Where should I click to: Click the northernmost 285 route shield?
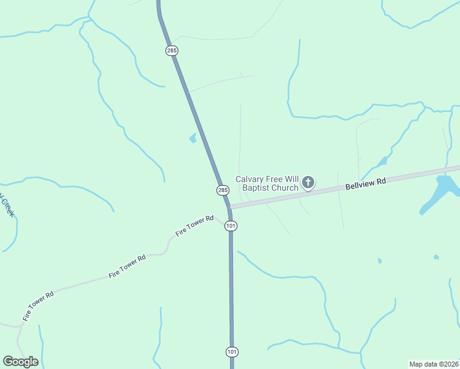pyautogui.click(x=172, y=50)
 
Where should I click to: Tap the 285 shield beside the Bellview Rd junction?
pyautogui.click(x=223, y=190)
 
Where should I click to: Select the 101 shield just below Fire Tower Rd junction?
pyautogui.click(x=231, y=226)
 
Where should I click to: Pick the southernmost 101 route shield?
pyautogui.click(x=231, y=352)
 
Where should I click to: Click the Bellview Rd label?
pyautogui.click(x=365, y=183)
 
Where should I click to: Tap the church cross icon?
pyautogui.click(x=308, y=182)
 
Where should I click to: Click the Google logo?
pyautogui.click(x=20, y=362)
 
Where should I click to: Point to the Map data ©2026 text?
pyautogui.click(x=434, y=364)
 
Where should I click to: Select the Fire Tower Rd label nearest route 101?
pyautogui.click(x=194, y=226)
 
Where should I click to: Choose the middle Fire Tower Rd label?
pyautogui.click(x=127, y=266)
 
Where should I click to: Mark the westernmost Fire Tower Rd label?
pyautogui.click(x=38, y=305)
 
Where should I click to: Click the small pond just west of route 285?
pyautogui.click(x=192, y=138)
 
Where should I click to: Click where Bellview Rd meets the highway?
pyautogui.click(x=229, y=207)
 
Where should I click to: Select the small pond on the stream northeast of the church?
pyautogui.click(x=383, y=162)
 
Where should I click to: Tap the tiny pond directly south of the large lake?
pyautogui.click(x=436, y=256)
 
